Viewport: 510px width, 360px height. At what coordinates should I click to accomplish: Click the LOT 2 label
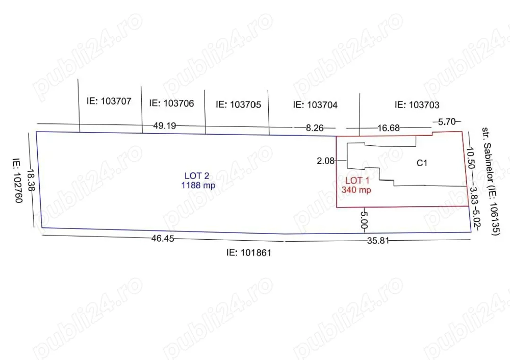pyautogui.click(x=197, y=175)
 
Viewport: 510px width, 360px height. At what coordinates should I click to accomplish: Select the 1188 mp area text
pyautogui.click(x=198, y=186)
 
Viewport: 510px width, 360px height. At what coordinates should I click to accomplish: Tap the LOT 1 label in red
pyautogui.click(x=357, y=181)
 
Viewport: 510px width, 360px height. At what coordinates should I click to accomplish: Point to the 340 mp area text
pyautogui.click(x=356, y=190)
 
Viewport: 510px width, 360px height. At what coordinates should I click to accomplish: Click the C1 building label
pyautogui.click(x=422, y=163)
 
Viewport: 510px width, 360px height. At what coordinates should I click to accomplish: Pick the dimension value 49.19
pyautogui.click(x=165, y=125)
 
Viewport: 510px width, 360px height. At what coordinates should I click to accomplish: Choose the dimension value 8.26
pyautogui.click(x=315, y=128)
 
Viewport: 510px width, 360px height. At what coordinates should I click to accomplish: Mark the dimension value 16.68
pyautogui.click(x=388, y=128)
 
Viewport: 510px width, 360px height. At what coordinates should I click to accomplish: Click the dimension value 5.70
pyautogui.click(x=447, y=122)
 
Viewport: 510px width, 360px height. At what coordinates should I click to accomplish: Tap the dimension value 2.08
pyautogui.click(x=325, y=161)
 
